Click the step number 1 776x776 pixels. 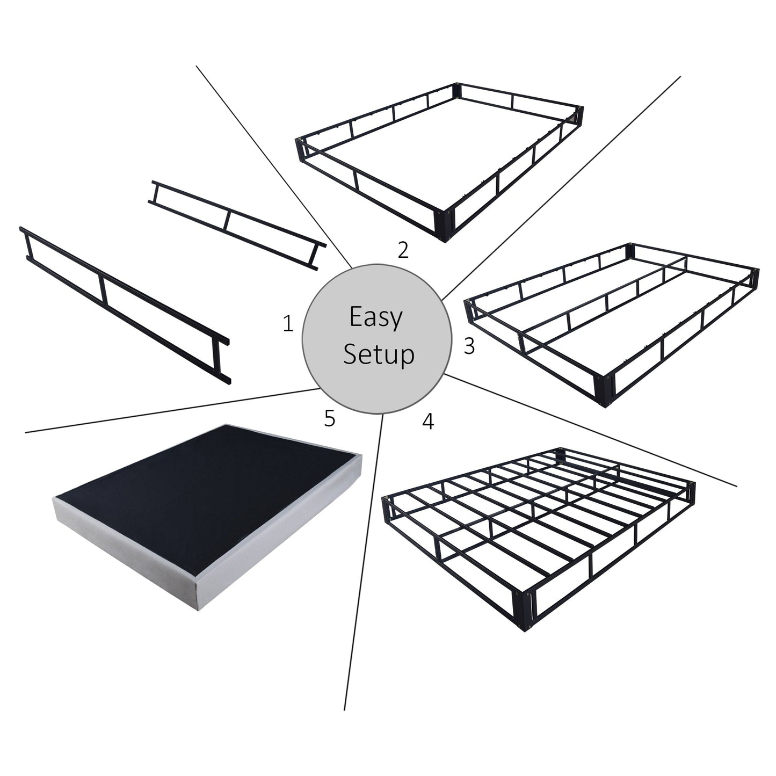[x=288, y=324]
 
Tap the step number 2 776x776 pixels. [x=403, y=250]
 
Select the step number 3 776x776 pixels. [x=469, y=347]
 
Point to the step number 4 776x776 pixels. [x=427, y=422]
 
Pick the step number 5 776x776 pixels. [x=330, y=418]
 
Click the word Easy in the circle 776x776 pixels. [x=375, y=317]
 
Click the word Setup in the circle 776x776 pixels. [x=379, y=354]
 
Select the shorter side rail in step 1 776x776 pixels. [x=236, y=224]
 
